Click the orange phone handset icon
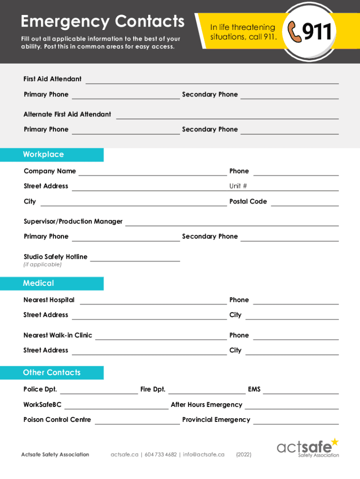point(295,32)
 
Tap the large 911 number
point(317,32)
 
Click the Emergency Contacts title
point(103,22)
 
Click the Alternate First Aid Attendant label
point(67,114)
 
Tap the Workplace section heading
point(43,154)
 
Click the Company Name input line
point(152,174)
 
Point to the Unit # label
point(238,186)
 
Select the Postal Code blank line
point(304,204)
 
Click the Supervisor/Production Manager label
point(73,221)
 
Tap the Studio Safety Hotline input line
point(135,259)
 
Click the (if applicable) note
point(43,265)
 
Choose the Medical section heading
point(38,283)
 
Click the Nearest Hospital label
point(49,300)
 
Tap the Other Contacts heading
point(51,372)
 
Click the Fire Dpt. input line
point(206,392)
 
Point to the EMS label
point(254,389)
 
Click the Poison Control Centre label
point(57,420)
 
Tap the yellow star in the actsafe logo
point(334,442)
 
